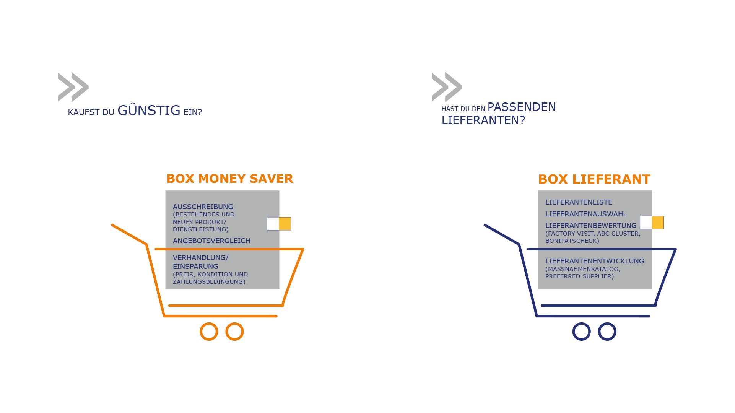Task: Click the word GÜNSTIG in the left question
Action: pos(149,111)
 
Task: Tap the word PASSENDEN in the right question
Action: pos(522,107)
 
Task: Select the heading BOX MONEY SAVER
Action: pos(230,179)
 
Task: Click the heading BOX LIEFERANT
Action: pos(594,179)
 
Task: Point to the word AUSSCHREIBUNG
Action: pos(203,207)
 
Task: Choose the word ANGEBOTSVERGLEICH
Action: pos(211,241)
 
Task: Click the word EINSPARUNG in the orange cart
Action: pos(195,267)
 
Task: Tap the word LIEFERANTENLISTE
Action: pos(579,202)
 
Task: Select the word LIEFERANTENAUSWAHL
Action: pos(586,214)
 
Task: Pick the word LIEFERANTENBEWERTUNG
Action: pos(591,226)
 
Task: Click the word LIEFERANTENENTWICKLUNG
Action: pos(595,261)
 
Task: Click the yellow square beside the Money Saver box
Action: pos(285,224)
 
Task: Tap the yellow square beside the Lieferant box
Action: pos(658,223)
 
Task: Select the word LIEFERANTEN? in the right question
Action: pos(483,120)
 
